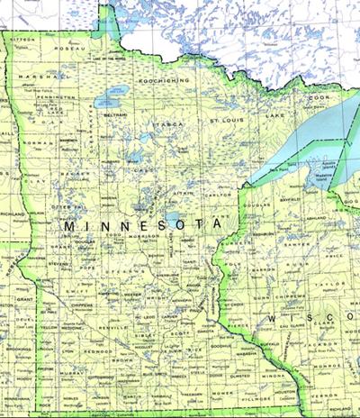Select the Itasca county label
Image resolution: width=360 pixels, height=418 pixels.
(168, 123)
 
